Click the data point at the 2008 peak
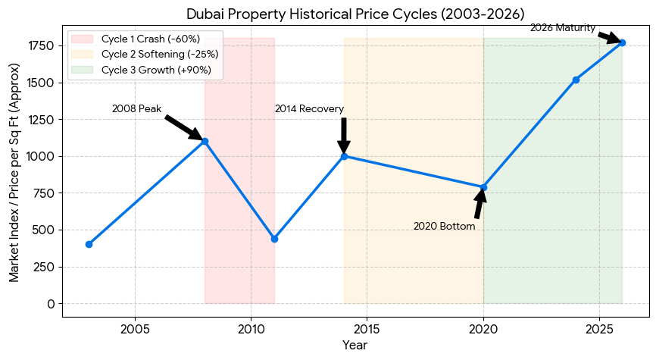[x=205, y=141]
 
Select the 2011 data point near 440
[x=274, y=239]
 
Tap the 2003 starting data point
[x=89, y=244]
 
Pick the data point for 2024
[x=576, y=80]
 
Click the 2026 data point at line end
[x=622, y=42]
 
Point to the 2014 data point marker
[x=344, y=156]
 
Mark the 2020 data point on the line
[x=483, y=187]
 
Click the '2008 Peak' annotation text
[x=136, y=109]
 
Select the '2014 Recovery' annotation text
[x=309, y=109]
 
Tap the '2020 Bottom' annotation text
[x=444, y=227]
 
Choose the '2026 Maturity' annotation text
[x=562, y=28]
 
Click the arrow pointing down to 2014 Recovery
[x=344, y=135]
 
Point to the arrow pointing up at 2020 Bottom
[x=479, y=203]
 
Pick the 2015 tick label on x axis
[x=367, y=329]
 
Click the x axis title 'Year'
[x=355, y=346]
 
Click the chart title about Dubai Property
[x=355, y=13]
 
